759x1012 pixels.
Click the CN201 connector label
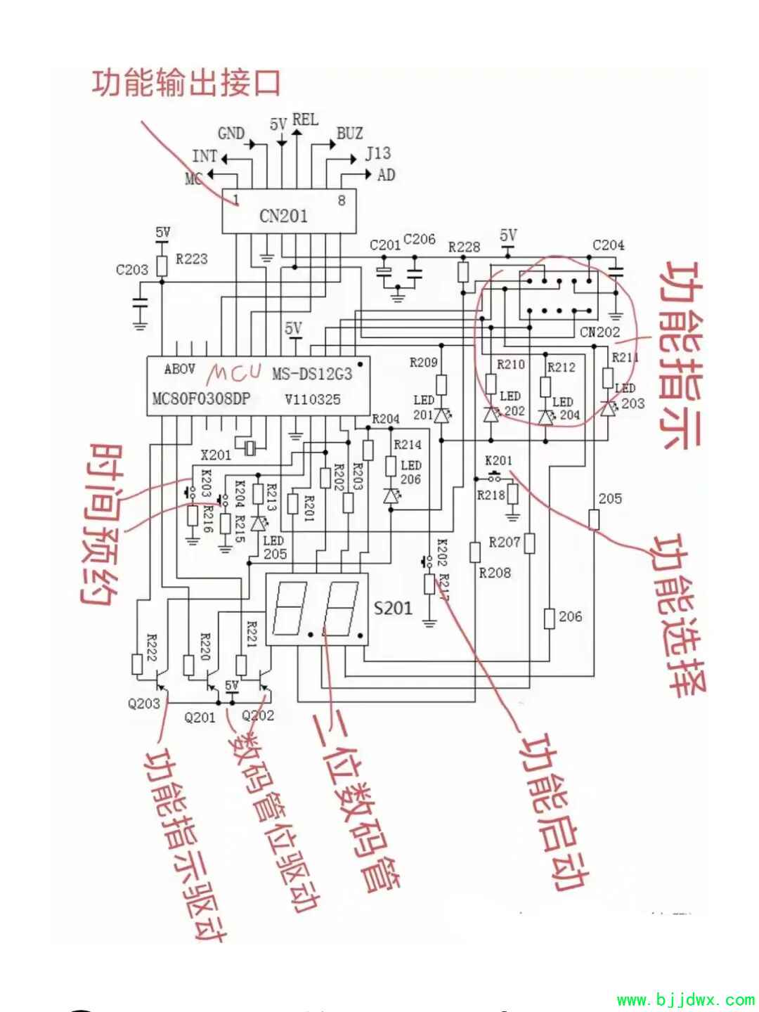click(x=283, y=215)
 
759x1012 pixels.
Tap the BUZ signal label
click(x=349, y=133)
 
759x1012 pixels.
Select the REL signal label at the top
click(x=305, y=119)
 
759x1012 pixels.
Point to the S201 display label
click(x=393, y=607)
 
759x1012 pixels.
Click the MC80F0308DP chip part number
click(x=201, y=399)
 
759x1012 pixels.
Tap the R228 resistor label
click(x=464, y=247)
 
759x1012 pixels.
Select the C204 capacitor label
click(x=608, y=245)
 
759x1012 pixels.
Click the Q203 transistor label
click(x=143, y=703)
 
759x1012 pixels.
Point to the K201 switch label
click(x=499, y=461)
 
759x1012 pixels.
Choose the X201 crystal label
click(x=216, y=455)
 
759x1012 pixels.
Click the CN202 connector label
click(x=600, y=332)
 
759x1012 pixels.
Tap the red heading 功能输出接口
click(x=186, y=83)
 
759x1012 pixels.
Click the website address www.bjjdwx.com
click(x=685, y=999)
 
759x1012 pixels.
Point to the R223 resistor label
click(x=192, y=259)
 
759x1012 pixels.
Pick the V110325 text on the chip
click(x=313, y=399)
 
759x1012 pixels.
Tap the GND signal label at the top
click(x=231, y=133)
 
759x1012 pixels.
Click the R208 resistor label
click(x=495, y=573)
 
